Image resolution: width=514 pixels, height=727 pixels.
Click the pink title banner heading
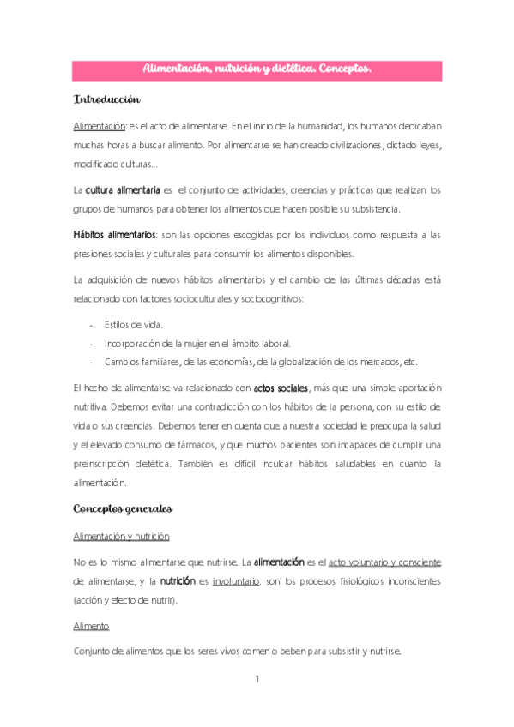(257, 70)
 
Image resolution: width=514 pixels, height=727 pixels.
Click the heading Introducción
(106, 100)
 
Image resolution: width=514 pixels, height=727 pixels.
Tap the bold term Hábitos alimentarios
(113, 235)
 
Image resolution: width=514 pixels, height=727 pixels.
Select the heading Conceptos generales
(124, 508)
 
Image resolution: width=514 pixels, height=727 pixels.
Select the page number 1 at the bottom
(257, 680)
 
